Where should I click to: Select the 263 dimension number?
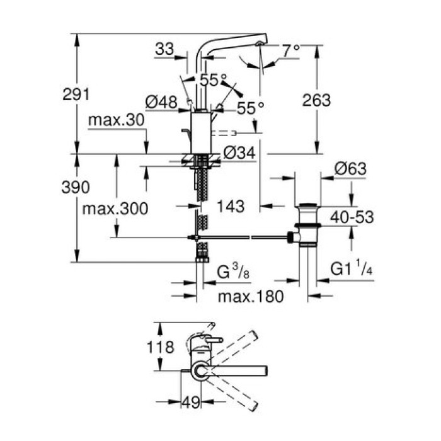[x=316, y=100]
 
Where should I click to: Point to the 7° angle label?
[x=290, y=50]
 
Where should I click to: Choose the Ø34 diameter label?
[x=239, y=153]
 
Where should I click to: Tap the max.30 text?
[x=117, y=120]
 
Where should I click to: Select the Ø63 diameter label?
[x=350, y=169]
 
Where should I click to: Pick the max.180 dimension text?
[x=249, y=295]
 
